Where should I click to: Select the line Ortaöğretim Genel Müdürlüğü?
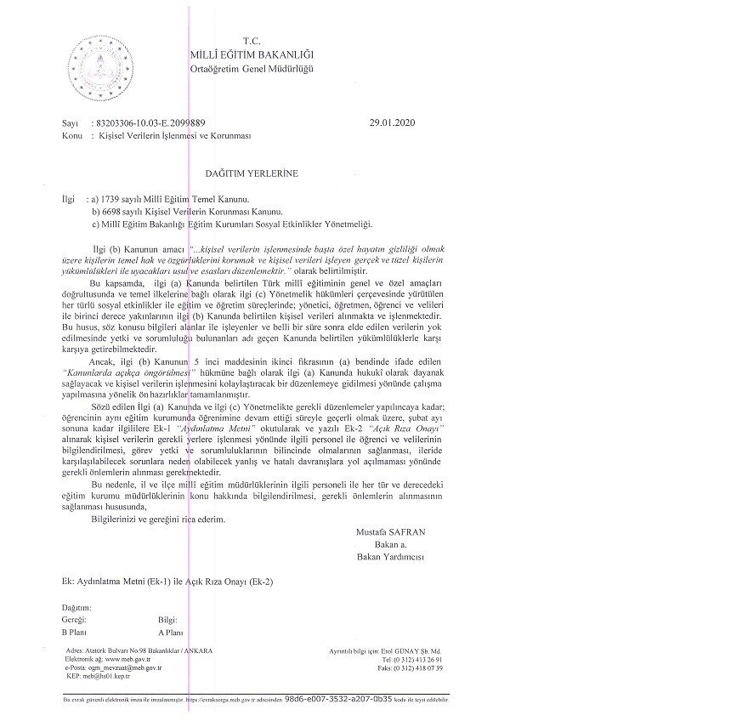point(251,68)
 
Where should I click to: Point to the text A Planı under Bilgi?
point(171,633)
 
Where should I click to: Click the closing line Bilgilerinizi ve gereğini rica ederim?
point(158,519)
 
